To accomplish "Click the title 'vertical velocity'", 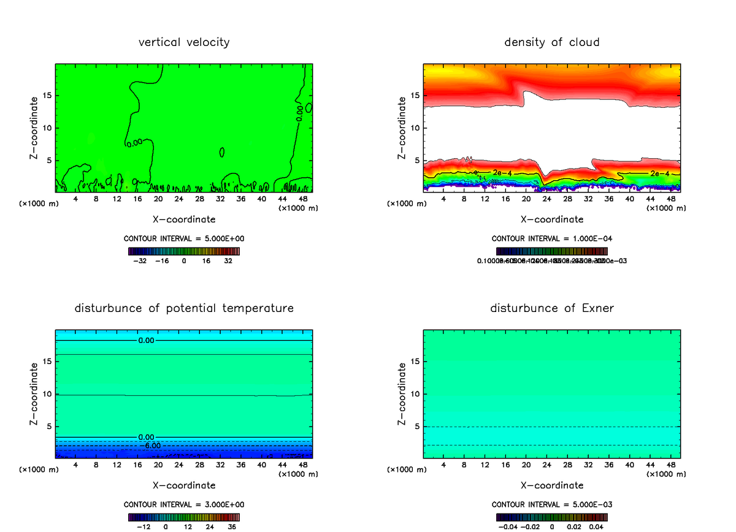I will (x=184, y=42).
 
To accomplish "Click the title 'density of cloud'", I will (x=552, y=42).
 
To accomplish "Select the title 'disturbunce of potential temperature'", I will (x=184, y=308).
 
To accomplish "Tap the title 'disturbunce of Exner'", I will (x=552, y=308).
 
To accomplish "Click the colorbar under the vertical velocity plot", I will (x=184, y=251).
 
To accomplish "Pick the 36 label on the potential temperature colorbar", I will (x=231, y=526).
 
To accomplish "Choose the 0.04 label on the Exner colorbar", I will (x=596, y=526).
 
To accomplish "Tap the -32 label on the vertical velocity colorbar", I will (x=141, y=260).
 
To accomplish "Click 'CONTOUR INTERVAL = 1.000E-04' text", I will (x=552, y=239).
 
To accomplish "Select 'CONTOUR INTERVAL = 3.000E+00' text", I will (x=184, y=504).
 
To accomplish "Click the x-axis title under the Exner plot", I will (x=552, y=485).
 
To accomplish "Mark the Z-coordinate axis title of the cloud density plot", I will (x=402, y=127).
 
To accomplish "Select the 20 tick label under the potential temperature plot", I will (x=158, y=465).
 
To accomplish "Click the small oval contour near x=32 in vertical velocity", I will (x=221, y=152).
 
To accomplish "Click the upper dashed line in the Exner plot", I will (x=552, y=427).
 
